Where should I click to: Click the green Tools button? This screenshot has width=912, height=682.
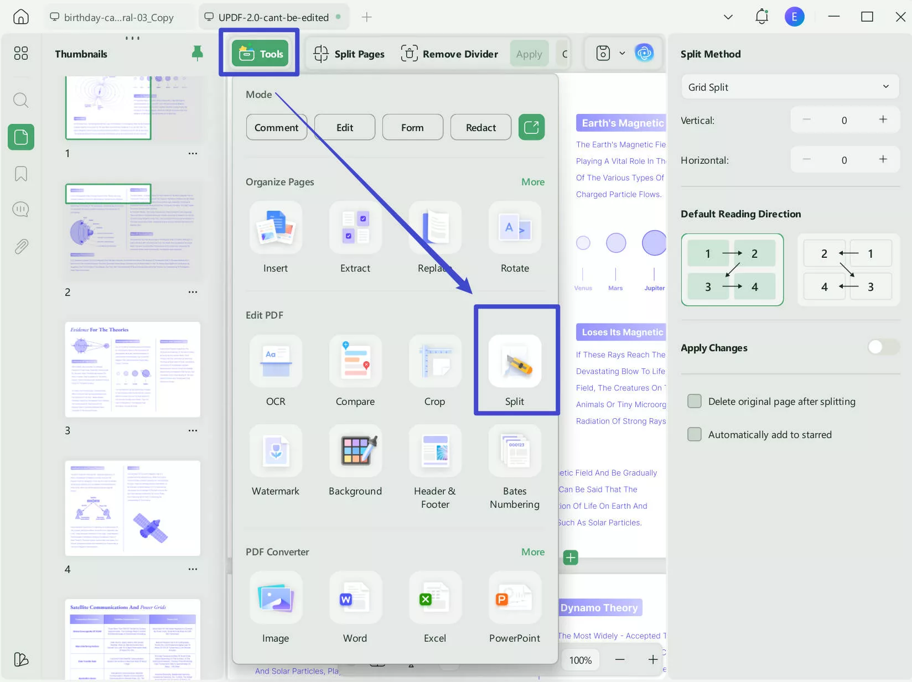coord(260,54)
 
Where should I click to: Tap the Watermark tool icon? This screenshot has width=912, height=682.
coord(276,451)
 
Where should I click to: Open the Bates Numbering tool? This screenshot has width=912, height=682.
coord(515,451)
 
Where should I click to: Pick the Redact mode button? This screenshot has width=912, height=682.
coord(480,127)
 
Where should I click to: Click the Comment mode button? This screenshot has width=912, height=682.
coord(276,127)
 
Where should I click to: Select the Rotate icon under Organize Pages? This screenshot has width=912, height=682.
coord(515,228)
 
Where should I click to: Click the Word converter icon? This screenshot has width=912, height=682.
coord(355,598)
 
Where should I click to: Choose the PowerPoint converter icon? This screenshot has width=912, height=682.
coord(515,598)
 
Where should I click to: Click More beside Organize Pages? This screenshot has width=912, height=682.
coord(532,182)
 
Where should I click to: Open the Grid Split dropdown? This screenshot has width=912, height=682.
coord(789,87)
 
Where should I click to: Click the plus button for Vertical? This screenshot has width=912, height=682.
coord(883,119)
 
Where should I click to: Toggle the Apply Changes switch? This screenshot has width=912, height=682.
coord(883,347)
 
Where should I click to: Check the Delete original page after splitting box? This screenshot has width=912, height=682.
coord(695,401)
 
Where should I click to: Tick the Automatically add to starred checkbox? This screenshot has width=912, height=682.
coord(695,434)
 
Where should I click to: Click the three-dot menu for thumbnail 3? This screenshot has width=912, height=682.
coord(193,430)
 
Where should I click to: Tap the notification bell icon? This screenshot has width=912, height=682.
coord(761,17)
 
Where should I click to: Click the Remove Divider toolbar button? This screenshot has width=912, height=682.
coord(449,54)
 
